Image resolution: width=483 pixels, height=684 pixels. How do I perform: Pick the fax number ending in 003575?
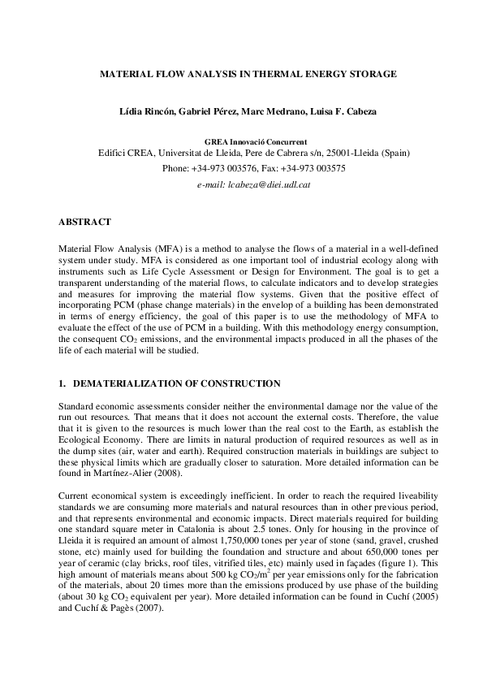click(313, 168)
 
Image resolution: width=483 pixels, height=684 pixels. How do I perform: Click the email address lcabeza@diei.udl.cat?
click(254, 184)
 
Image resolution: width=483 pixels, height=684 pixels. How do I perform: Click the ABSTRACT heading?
click(85, 221)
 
